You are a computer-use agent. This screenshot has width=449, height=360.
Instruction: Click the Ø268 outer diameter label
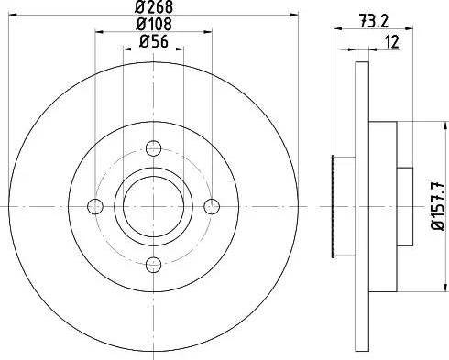point(154,8)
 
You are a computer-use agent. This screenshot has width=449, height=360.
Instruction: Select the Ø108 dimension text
point(154,26)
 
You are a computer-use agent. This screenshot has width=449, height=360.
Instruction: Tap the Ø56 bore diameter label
point(154,41)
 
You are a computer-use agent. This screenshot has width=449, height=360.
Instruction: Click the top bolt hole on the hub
point(154,147)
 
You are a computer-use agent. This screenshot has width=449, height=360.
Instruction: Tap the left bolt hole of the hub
point(94,206)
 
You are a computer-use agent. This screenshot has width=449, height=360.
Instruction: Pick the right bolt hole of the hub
point(213,206)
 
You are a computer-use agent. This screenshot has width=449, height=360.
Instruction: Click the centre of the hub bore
point(154,206)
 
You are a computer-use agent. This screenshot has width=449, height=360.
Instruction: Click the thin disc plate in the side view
point(358,92)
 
